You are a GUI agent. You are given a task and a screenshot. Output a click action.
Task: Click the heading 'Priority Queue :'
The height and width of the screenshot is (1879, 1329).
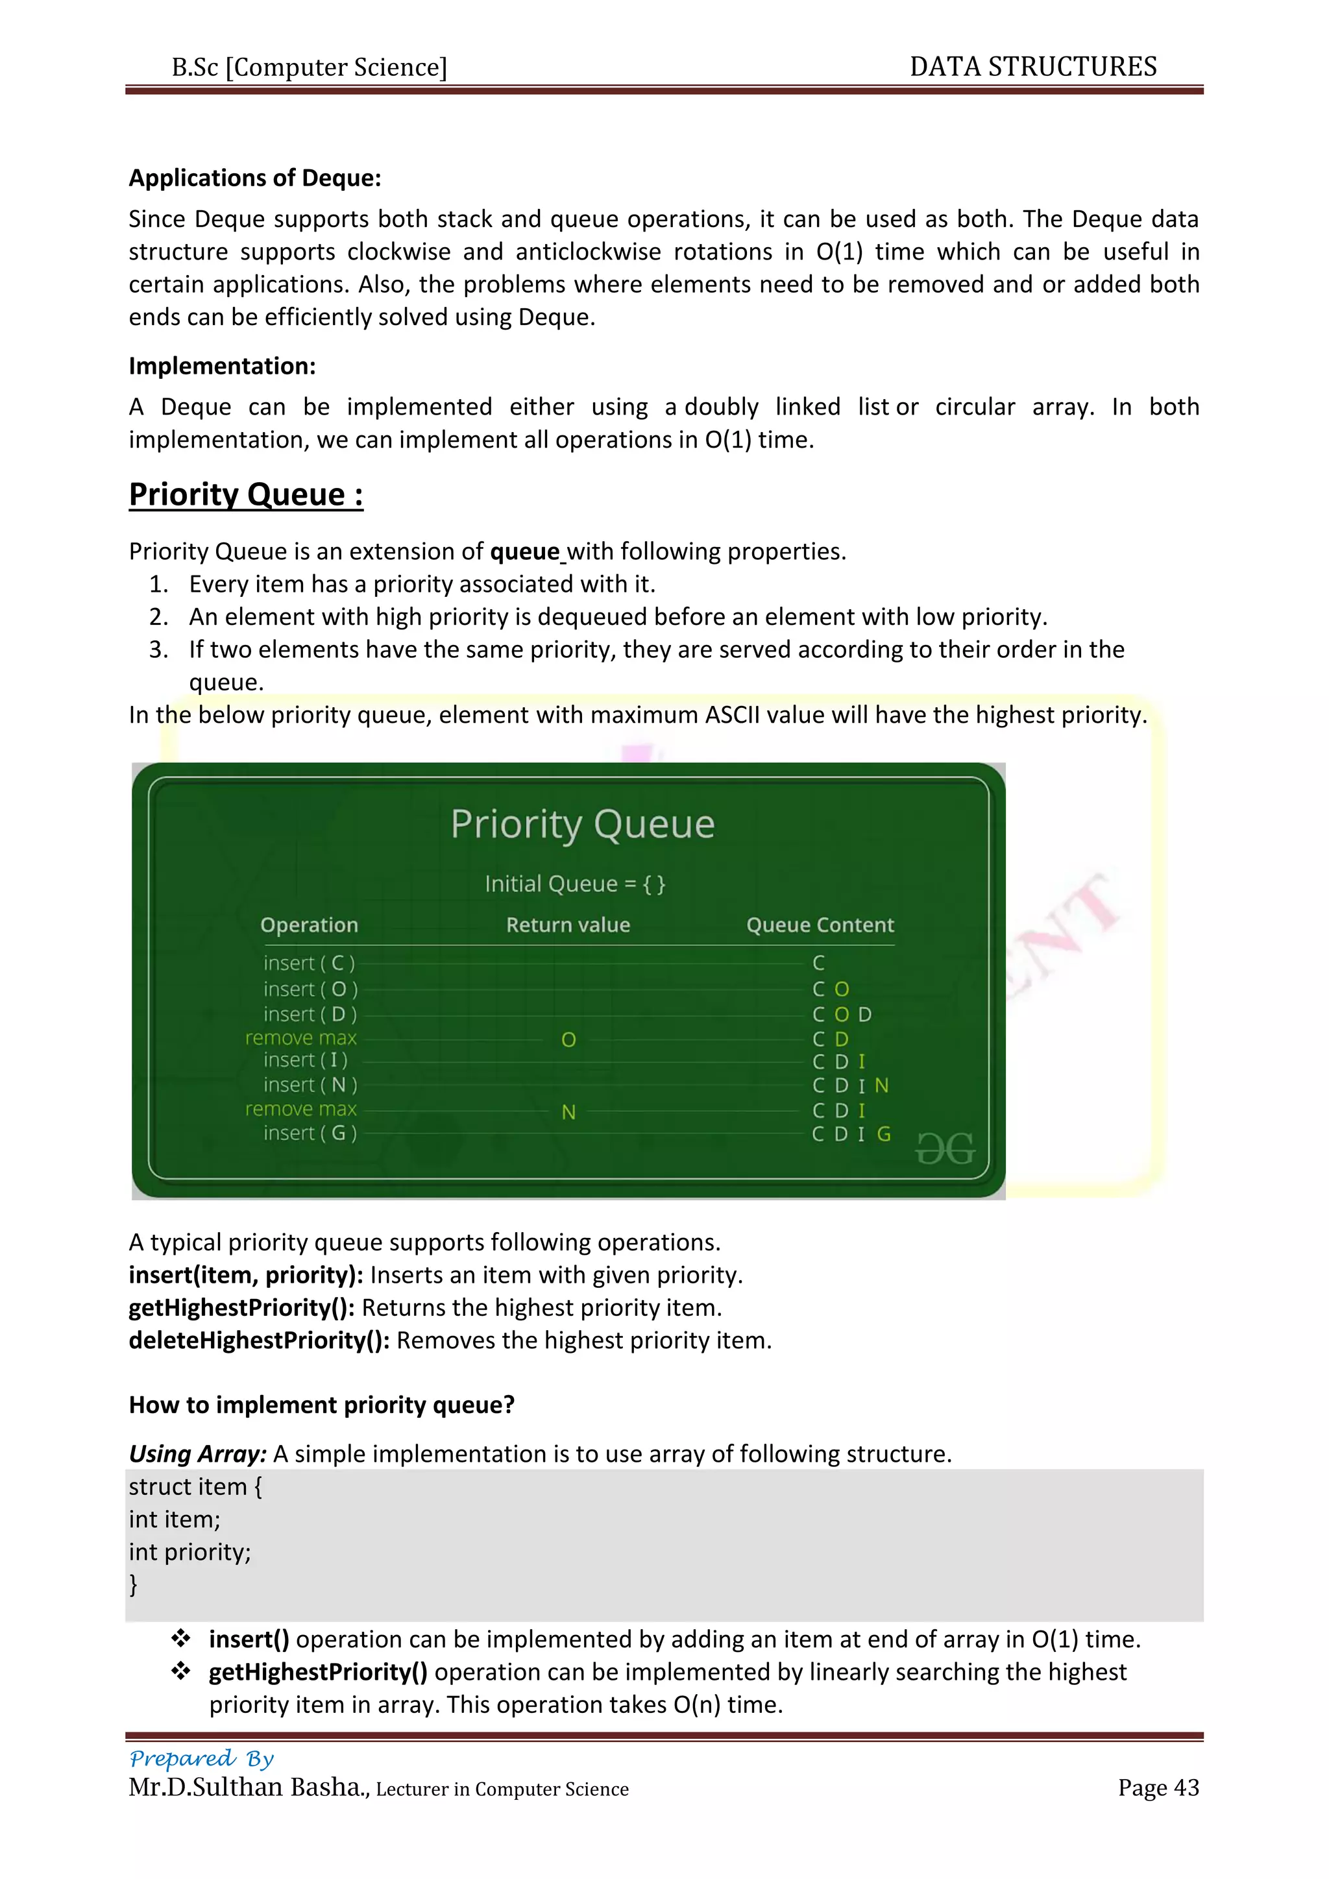point(245,494)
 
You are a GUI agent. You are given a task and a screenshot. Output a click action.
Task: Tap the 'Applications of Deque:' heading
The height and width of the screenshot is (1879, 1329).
point(254,178)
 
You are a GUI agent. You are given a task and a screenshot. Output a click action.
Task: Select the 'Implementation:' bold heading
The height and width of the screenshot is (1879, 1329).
point(222,366)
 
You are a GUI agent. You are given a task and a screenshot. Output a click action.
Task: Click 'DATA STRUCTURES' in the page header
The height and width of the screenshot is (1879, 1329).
point(1032,66)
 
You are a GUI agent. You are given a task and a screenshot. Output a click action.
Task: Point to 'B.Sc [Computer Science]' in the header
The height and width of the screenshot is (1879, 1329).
point(310,67)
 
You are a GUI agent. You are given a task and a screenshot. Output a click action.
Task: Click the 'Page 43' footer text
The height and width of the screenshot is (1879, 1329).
point(1158,1788)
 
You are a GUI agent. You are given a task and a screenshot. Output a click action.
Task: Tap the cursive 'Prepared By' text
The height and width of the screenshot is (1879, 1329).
point(201,1758)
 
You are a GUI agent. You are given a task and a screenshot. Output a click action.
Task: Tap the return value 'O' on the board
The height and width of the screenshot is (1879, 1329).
point(568,1039)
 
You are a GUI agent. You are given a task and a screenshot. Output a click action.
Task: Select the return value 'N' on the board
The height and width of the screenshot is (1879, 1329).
point(568,1111)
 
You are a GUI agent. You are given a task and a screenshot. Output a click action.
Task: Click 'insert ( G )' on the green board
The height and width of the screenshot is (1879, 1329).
point(310,1133)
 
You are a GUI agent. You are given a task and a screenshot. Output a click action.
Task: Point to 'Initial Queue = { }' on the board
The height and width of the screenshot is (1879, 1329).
point(574,884)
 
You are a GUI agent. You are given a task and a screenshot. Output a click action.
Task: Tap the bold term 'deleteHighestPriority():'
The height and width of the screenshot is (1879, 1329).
point(260,1340)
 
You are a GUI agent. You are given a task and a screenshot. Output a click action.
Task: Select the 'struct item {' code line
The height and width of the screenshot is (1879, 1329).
point(195,1486)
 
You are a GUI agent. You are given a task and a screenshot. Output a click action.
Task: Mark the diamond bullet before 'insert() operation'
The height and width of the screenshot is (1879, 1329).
point(181,1638)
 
